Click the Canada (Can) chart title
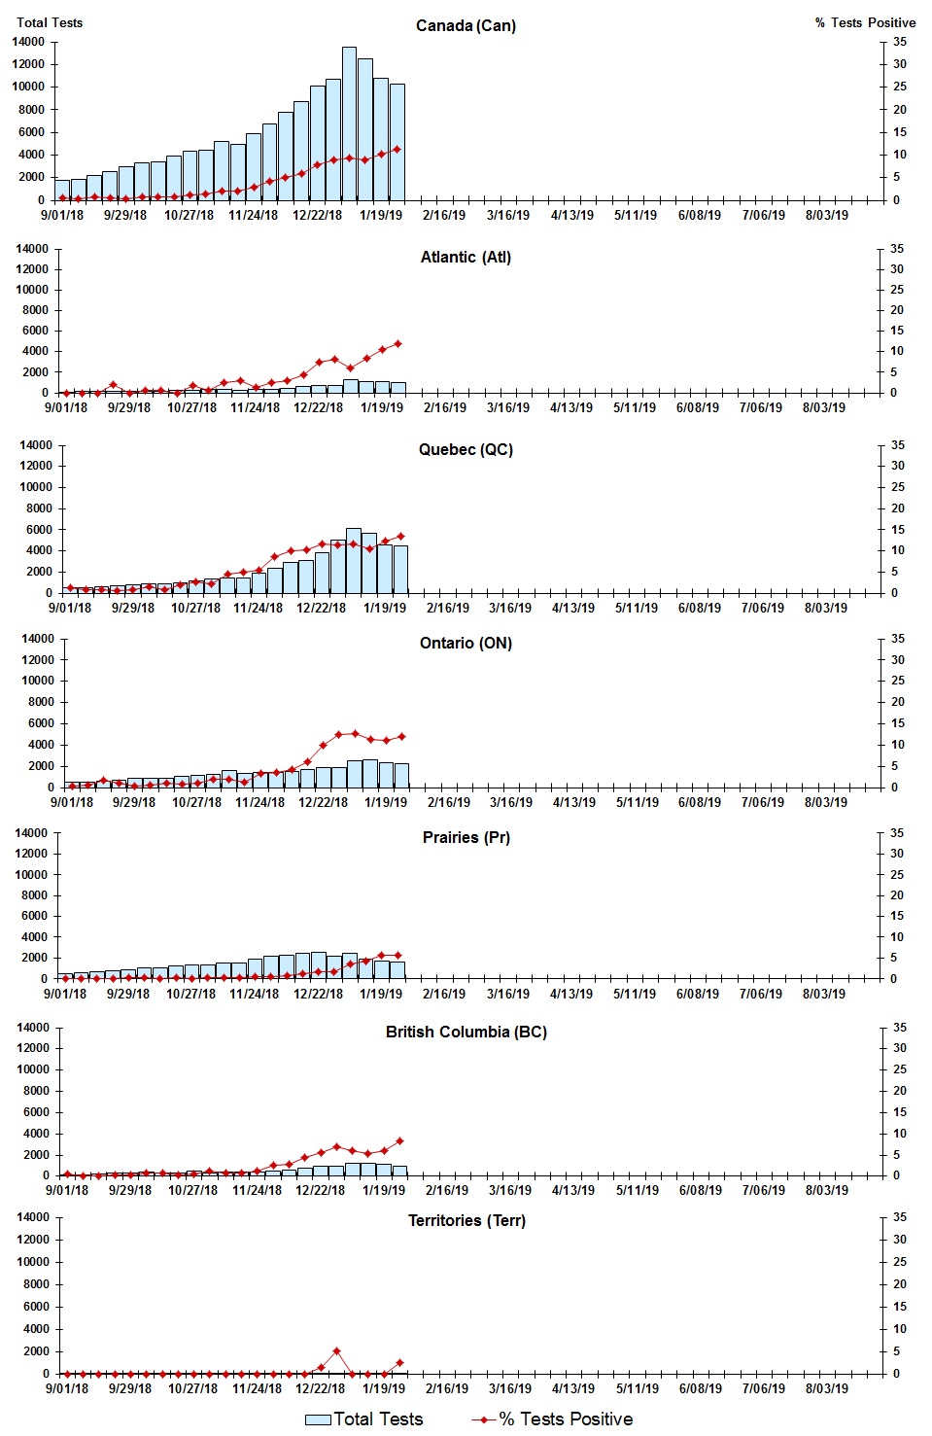[466, 25]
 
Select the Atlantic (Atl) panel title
[466, 257]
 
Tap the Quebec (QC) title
[466, 449]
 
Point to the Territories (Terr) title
[466, 1220]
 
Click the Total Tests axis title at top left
[50, 22]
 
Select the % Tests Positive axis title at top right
[865, 22]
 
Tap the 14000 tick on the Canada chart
[28, 42]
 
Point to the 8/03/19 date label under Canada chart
[826, 215]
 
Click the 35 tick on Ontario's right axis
[898, 639]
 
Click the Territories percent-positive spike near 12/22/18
[336, 1351]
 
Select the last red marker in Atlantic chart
[397, 344]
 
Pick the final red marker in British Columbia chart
[399, 1141]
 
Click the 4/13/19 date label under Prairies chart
[571, 994]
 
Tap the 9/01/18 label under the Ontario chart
[72, 802]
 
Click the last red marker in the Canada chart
[397, 150]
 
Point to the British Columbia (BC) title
[466, 1032]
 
